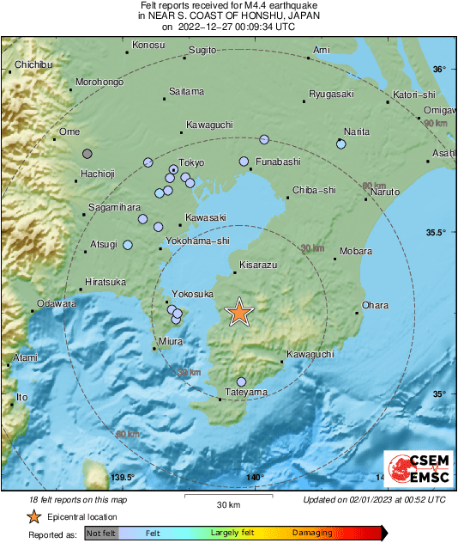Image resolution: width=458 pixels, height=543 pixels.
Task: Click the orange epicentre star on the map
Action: pyautogui.click(x=239, y=313)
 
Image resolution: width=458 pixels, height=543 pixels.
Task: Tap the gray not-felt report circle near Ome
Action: pyautogui.click(x=87, y=154)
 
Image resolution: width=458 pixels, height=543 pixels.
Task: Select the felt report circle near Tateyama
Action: pyautogui.click(x=242, y=381)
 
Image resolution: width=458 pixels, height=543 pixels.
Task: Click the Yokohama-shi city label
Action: pyautogui.click(x=198, y=241)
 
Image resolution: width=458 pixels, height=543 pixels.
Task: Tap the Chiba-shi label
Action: pyautogui.click(x=314, y=191)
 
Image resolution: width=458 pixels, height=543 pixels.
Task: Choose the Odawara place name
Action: pyautogui.click(x=56, y=304)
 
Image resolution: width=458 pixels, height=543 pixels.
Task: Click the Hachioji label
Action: pyautogui.click(x=97, y=174)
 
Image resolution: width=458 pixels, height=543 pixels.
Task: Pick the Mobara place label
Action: pyautogui.click(x=355, y=252)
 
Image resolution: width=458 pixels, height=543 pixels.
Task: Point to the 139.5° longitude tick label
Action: pyautogui.click(x=123, y=478)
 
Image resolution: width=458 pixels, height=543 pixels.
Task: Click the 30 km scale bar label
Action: pyautogui.click(x=228, y=504)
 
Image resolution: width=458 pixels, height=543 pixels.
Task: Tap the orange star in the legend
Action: pyautogui.click(x=33, y=516)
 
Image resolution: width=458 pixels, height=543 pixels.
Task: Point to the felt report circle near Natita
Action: pyautogui.click(x=341, y=144)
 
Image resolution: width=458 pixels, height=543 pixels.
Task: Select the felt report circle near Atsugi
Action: pyautogui.click(x=129, y=245)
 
